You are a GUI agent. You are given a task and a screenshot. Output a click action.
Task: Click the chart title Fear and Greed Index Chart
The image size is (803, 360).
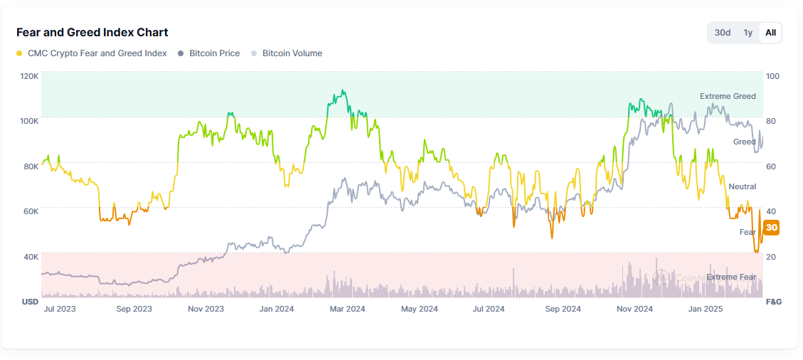(92, 33)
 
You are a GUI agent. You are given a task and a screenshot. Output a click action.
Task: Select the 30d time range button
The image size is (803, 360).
(723, 33)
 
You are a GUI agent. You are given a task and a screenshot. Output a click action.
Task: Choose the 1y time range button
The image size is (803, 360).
(748, 33)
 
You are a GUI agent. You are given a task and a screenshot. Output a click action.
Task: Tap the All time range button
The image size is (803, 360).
(770, 33)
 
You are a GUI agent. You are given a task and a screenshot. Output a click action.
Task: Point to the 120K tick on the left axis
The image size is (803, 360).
(29, 75)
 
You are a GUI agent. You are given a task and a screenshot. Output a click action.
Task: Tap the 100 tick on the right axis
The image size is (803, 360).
(772, 75)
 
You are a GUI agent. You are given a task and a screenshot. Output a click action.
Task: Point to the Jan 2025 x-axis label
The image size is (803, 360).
(706, 309)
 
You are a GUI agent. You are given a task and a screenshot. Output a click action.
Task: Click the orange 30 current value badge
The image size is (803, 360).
(772, 228)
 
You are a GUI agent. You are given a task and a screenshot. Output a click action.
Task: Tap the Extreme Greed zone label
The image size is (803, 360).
(728, 96)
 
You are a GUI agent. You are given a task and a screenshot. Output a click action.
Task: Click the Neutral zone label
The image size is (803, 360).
(742, 186)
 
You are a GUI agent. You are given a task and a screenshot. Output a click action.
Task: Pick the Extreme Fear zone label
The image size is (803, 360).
(732, 277)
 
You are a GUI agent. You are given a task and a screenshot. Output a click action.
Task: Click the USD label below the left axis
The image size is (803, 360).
(30, 302)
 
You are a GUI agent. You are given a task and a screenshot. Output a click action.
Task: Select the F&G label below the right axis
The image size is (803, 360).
(773, 302)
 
